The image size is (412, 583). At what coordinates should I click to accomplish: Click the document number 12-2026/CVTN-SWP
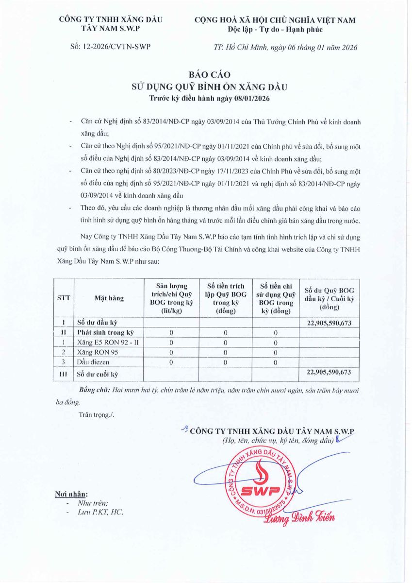click(x=119, y=47)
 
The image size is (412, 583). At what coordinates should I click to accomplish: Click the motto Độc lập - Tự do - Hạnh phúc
click(x=275, y=30)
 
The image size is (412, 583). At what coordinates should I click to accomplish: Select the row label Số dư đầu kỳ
click(x=97, y=323)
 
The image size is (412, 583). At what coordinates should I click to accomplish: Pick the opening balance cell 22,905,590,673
click(x=329, y=323)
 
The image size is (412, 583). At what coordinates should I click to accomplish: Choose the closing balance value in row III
click(x=329, y=373)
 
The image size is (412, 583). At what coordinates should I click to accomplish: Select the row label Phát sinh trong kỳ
click(x=105, y=333)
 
